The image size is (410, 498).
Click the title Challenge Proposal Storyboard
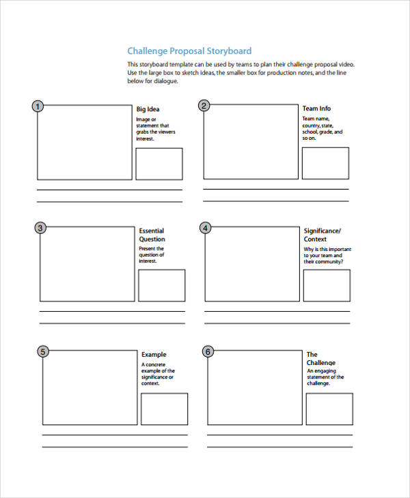point(189,51)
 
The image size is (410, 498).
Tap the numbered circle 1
point(38,106)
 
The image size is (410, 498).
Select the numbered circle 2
point(204,105)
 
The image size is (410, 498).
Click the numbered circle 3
point(40,228)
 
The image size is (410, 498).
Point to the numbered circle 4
point(206,228)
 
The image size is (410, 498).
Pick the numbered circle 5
point(42,351)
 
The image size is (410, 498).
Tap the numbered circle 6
point(208,351)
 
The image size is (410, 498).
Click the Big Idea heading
point(148,109)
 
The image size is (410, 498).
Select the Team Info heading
point(316,108)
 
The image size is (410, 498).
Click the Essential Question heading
point(152,235)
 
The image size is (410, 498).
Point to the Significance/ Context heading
point(322,235)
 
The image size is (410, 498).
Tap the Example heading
point(154,355)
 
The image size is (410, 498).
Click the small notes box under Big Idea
point(159,164)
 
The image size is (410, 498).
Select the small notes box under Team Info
point(325,163)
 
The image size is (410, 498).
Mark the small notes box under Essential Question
point(162,285)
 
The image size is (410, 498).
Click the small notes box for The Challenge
point(329,408)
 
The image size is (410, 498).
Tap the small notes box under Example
point(164,409)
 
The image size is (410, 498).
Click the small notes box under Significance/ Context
point(327,285)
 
